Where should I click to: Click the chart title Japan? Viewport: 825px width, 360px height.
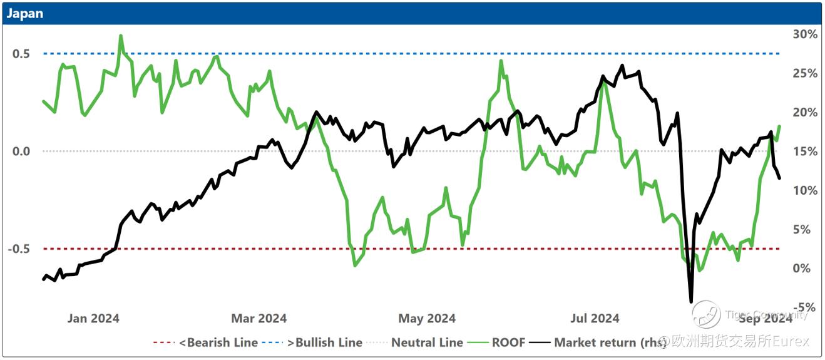point(25,13)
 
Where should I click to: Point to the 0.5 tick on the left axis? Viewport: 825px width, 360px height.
point(21,54)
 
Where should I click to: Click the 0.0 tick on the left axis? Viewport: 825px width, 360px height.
point(21,152)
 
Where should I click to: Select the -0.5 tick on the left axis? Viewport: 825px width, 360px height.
point(19,249)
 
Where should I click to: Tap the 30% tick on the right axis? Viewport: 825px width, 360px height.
point(805,34)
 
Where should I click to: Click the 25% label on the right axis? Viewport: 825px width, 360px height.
point(805,73)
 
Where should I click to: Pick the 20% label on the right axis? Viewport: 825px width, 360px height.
point(805,113)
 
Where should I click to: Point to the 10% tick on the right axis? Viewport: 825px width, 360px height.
point(805,190)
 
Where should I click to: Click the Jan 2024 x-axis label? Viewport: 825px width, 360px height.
point(93,319)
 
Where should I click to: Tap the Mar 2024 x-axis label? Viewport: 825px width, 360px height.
point(259,319)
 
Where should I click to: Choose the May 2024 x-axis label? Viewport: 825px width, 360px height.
point(427,319)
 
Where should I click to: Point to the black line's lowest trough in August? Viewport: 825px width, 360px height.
point(691,302)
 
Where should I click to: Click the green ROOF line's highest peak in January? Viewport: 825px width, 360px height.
point(120,36)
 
